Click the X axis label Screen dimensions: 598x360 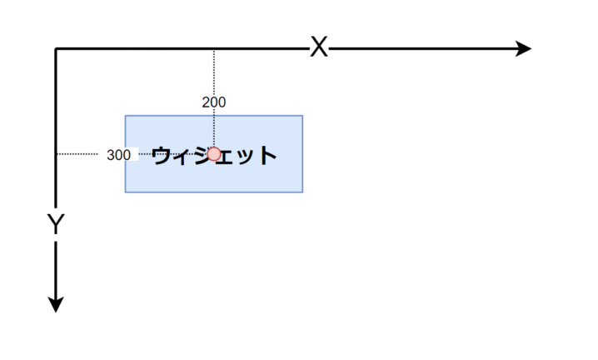319,47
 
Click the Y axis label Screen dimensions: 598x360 56,223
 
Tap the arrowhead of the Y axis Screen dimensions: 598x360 56,305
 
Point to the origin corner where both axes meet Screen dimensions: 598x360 56,49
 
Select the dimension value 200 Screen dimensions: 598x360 214,102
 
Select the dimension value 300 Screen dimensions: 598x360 118,155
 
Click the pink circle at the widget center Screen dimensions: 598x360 214,154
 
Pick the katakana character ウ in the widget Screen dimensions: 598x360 161,155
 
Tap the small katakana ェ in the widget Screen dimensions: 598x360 226,157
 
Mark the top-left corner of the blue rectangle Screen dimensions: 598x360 126,116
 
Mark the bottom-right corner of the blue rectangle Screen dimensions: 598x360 303,192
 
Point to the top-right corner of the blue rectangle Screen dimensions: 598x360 303,116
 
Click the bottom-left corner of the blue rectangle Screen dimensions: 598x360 126,192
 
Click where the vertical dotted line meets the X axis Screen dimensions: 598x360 214,49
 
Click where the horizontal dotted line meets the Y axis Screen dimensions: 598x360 57,154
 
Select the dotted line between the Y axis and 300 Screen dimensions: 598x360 77,154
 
